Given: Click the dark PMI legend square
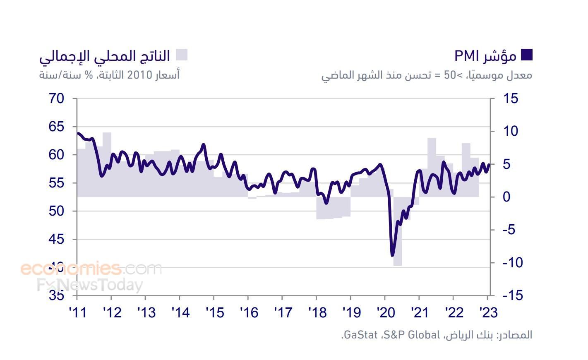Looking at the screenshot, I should [526, 55].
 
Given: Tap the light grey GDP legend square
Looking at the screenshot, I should [182, 55].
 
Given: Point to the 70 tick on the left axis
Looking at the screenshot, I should [57, 98].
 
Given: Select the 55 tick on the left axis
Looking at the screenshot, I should [57, 183].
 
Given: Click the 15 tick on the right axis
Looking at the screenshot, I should [510, 98].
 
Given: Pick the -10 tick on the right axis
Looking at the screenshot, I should [512, 262].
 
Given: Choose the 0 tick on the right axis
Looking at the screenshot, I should [506, 197].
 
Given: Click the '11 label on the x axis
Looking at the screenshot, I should [78, 313].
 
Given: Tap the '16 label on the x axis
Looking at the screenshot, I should [249, 313].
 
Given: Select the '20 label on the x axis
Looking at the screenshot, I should [386, 313].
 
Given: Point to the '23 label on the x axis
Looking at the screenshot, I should [489, 313].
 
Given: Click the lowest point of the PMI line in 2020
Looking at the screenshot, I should [392, 255].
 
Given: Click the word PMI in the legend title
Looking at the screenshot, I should [466, 56].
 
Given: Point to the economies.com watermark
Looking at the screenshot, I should [91, 269].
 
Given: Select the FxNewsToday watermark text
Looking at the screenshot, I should [90, 285].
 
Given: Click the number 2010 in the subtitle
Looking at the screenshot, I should [140, 75].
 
